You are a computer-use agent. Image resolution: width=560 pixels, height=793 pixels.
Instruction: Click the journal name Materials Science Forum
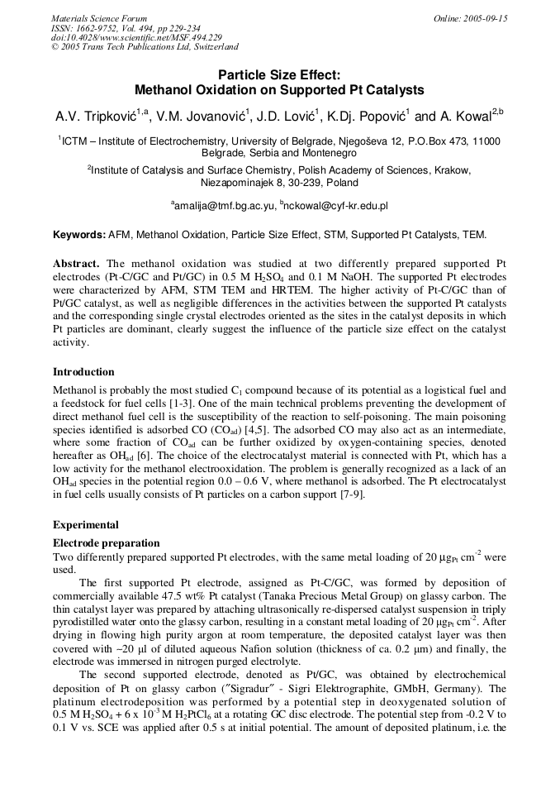coord(99,18)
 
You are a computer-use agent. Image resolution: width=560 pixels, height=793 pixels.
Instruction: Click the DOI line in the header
coord(136,38)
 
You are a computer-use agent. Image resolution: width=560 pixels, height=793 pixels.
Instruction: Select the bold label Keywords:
coord(79,235)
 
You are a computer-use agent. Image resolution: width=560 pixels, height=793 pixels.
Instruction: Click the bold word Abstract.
coord(76,263)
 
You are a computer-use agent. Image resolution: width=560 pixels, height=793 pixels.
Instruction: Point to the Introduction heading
coord(83,372)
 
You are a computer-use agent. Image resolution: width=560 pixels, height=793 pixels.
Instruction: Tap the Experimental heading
coord(86,524)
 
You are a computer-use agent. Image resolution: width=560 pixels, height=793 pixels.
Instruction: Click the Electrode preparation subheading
coord(106,543)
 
